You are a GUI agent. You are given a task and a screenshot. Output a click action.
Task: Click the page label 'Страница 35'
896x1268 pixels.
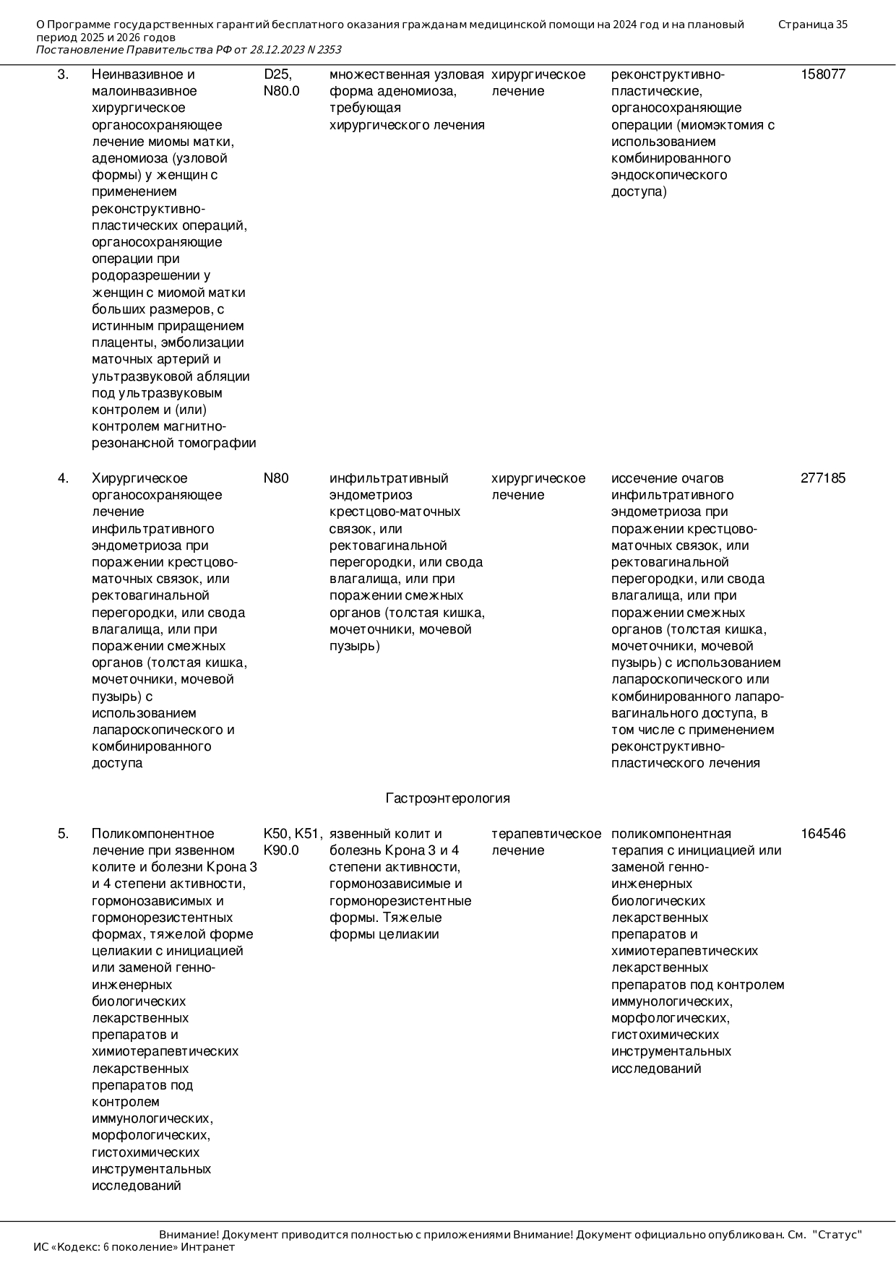[x=812, y=25]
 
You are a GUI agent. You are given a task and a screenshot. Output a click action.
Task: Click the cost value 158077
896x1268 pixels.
[x=822, y=74]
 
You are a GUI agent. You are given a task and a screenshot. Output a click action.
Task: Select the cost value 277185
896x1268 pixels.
[x=822, y=478]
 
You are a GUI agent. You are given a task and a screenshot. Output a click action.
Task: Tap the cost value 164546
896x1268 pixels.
[x=822, y=834]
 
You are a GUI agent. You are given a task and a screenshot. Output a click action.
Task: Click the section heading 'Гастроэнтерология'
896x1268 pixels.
[x=447, y=798]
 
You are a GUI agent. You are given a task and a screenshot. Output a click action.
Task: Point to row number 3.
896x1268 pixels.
[x=63, y=74]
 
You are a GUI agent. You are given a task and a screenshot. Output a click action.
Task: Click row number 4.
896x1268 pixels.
[x=63, y=478]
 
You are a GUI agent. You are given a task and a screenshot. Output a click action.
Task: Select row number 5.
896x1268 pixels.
[x=63, y=834]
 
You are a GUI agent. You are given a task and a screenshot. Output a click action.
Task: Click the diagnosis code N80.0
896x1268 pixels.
[x=281, y=91]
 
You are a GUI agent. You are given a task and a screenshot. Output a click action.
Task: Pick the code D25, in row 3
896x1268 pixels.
[x=277, y=74]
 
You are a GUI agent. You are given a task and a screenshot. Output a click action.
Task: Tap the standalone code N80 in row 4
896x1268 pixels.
[x=275, y=478]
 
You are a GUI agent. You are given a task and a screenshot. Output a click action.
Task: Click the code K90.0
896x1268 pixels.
[x=281, y=850]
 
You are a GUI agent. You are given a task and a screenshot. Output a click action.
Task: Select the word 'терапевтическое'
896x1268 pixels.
[x=546, y=834]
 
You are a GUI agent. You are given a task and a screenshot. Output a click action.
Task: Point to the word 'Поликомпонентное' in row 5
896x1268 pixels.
[x=152, y=834]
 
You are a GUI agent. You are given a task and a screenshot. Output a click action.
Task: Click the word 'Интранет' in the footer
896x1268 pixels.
[x=207, y=1247]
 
